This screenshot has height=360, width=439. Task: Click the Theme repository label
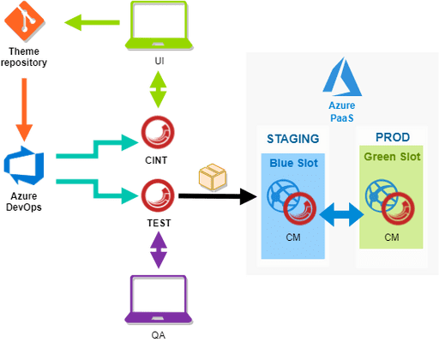(x=23, y=57)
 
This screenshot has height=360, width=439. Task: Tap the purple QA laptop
(x=158, y=299)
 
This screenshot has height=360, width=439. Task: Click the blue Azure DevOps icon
(x=22, y=165)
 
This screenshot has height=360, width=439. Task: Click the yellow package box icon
(x=212, y=177)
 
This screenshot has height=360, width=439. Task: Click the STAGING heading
(x=293, y=139)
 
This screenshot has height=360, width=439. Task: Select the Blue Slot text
(x=293, y=163)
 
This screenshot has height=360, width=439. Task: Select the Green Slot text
(x=392, y=158)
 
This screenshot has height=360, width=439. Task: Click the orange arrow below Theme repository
(x=23, y=103)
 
